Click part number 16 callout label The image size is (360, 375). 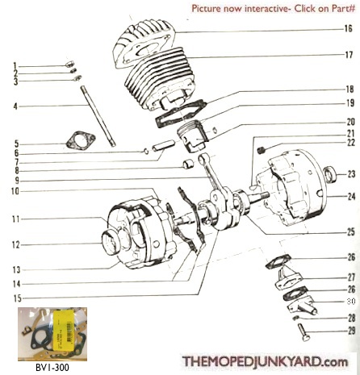coord(348,28)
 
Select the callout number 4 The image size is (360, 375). coord(14,106)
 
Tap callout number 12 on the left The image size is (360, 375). coord(14,244)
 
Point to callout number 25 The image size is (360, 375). coord(350,231)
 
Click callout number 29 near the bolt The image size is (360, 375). coord(350,331)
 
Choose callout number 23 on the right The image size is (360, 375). coord(351,173)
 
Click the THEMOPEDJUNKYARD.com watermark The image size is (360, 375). coord(270,362)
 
